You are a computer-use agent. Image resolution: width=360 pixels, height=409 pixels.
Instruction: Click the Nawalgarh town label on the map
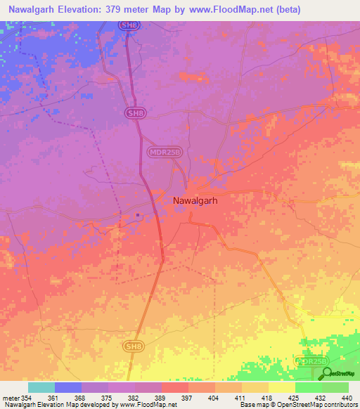pyautogui.click(x=194, y=200)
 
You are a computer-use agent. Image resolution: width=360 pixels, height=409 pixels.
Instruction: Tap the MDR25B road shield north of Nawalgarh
pyautogui.click(x=166, y=150)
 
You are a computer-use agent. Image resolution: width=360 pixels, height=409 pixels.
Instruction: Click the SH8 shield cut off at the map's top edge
pyautogui.click(x=127, y=25)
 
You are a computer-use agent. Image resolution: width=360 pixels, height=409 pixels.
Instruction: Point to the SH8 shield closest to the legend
pyautogui.click(x=131, y=346)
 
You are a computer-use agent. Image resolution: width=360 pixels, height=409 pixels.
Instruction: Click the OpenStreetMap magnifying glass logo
pyautogui.click(x=328, y=373)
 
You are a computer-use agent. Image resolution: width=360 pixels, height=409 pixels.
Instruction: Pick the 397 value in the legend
pyautogui.click(x=188, y=398)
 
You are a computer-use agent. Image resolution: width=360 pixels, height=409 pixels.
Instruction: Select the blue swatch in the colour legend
pyautogui.click(x=68, y=387)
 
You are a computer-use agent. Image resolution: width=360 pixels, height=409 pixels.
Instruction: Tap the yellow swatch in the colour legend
pyautogui.click(x=281, y=387)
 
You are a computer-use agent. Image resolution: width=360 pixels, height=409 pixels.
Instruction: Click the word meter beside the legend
pyautogui.click(x=11, y=398)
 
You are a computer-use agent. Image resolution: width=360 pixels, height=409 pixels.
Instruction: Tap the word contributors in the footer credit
pyautogui.click(x=341, y=405)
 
